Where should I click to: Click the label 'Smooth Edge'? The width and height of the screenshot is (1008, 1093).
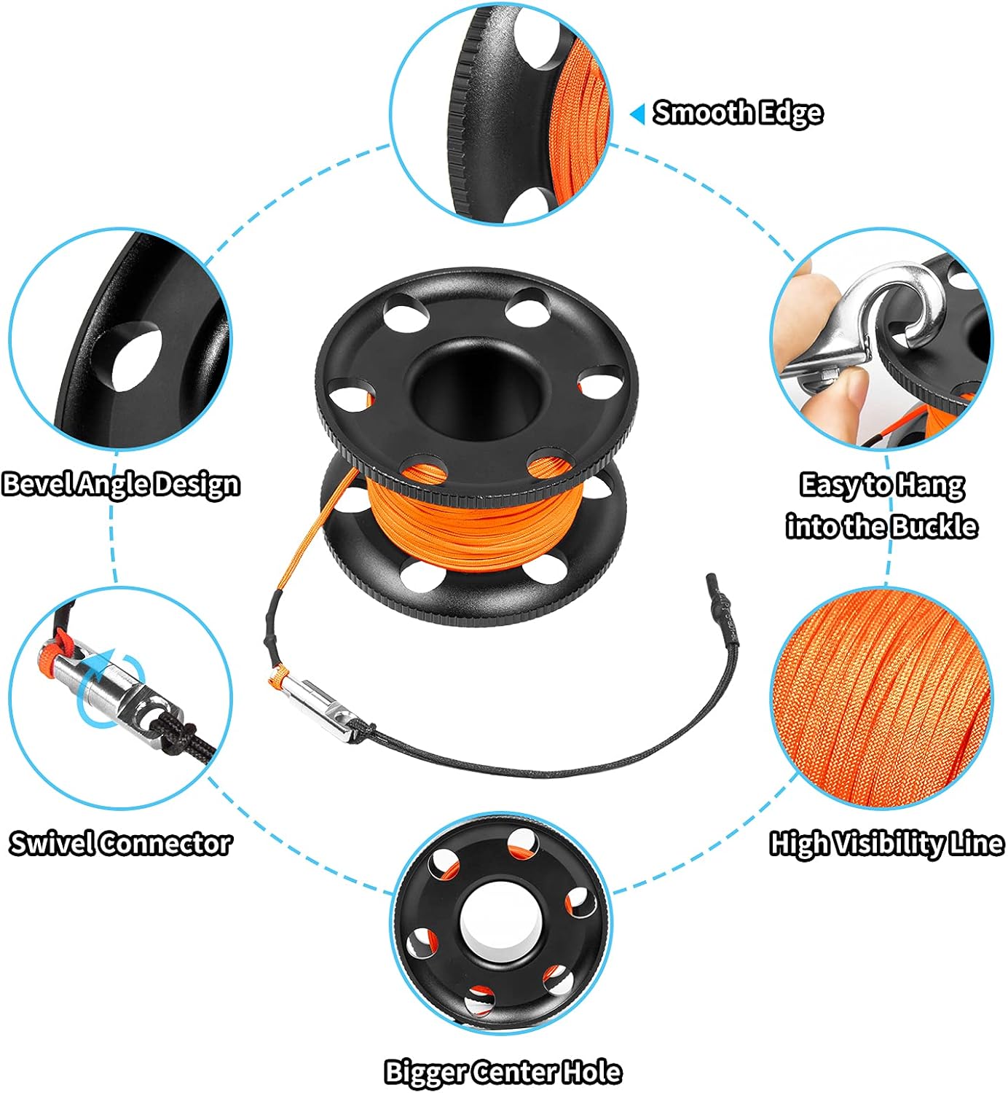pyautogui.click(x=737, y=113)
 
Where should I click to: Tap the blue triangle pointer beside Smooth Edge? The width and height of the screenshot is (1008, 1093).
pyautogui.click(x=637, y=114)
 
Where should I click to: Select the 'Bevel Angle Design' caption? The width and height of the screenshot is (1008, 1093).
pyautogui.click(x=121, y=485)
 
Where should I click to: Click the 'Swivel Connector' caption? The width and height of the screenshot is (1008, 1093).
pyautogui.click(x=120, y=843)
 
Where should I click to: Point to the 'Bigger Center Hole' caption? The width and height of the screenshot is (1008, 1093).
pyautogui.click(x=503, y=1072)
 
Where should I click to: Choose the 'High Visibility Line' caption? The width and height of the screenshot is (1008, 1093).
pyautogui.click(x=887, y=843)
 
